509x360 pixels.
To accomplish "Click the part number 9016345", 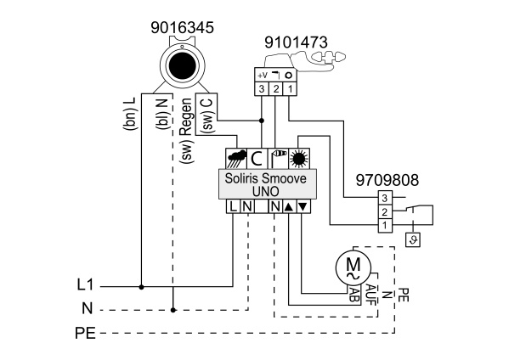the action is [182, 27].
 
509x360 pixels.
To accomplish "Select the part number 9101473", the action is [296, 42].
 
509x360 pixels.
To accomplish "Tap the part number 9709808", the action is [387, 180].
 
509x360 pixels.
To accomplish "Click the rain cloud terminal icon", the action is [236, 159].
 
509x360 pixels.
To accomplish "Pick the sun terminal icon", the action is [299, 159].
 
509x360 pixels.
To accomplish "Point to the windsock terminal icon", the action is [278, 159].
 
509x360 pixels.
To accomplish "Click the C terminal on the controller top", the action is [257, 159].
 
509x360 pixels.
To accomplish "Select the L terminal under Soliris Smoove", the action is [233, 206].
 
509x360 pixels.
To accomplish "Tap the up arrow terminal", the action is [289, 206].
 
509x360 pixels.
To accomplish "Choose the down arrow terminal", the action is [303, 206].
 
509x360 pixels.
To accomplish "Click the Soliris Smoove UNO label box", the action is [268, 184].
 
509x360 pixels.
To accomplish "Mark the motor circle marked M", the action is [353, 267].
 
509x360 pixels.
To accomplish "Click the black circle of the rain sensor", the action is [183, 66].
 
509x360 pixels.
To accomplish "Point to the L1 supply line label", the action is [85, 285].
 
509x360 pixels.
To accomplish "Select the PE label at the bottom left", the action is [85, 333].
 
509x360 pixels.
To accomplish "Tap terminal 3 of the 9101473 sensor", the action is [262, 89].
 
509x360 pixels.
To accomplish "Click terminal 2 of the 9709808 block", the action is [385, 212].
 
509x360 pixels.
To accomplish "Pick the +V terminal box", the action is [262, 76].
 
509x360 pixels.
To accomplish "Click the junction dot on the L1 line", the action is [141, 287].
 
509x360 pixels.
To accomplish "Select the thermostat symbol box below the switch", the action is [413, 240].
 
